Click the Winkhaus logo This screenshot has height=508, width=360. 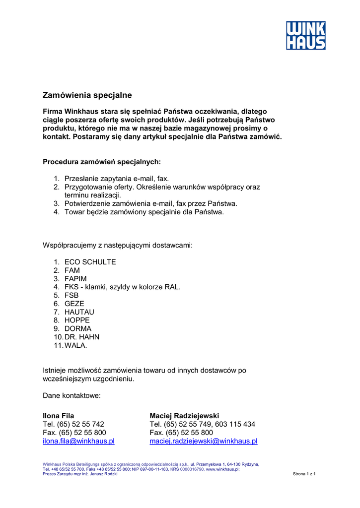[x=305, y=35]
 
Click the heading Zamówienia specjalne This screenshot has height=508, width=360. [x=87, y=95]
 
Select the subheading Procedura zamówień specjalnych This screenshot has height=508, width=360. [x=102, y=162]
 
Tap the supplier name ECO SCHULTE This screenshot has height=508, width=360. [x=90, y=262]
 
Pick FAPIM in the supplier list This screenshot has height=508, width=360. [x=75, y=279]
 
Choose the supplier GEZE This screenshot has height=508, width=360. [x=74, y=304]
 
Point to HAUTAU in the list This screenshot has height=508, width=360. [x=79, y=312]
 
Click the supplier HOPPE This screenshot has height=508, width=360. [x=77, y=320]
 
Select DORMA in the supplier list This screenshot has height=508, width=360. [x=78, y=329]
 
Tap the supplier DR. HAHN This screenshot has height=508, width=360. [x=82, y=337]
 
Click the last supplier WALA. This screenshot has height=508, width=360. [x=75, y=345]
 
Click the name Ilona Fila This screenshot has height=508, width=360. [x=59, y=416]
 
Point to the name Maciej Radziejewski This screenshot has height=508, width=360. [x=184, y=416]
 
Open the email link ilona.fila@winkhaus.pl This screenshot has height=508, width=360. [x=78, y=441]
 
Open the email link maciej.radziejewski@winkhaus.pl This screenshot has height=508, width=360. [x=204, y=441]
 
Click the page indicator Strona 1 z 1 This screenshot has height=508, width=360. [x=304, y=474]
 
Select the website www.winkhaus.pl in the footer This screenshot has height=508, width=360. [x=222, y=469]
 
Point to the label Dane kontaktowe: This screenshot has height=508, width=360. [x=72, y=396]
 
